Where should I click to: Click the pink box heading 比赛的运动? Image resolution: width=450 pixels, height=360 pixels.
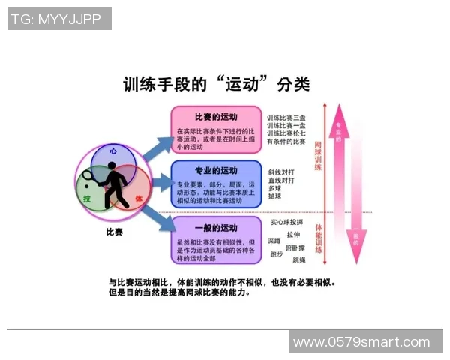215,117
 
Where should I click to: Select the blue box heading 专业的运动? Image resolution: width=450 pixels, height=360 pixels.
215,170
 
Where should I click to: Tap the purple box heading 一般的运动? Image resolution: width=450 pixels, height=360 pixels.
215,227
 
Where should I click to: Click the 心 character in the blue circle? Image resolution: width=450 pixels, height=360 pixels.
113,151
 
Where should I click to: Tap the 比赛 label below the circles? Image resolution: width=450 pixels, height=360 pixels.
114,232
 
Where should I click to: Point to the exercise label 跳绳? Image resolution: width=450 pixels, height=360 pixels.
298,259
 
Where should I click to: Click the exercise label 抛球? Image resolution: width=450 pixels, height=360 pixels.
274,196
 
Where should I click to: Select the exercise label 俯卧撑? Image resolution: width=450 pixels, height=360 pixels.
295,247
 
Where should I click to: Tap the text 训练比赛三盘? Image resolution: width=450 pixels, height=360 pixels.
286,118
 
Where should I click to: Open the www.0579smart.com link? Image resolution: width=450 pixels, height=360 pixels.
361,342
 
